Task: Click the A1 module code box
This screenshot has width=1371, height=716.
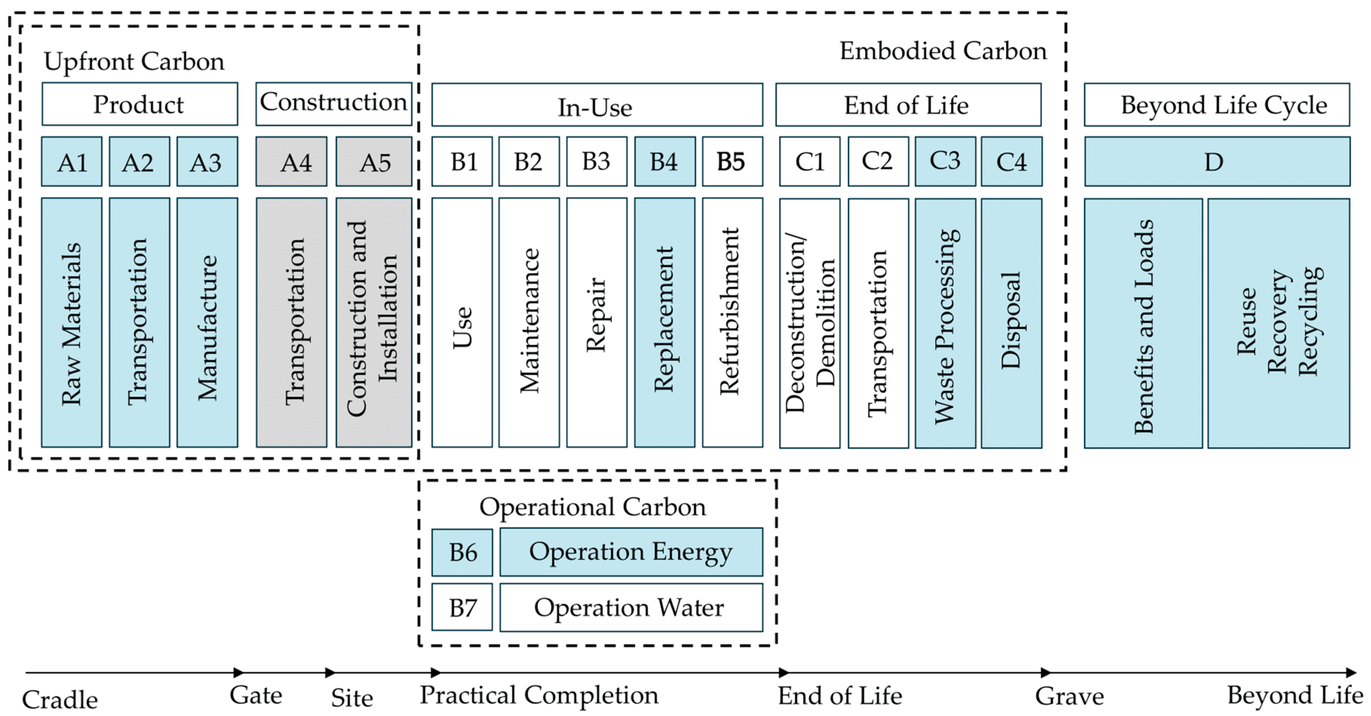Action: pyautogui.click(x=72, y=162)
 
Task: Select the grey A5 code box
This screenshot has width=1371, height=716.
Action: pyautogui.click(x=374, y=162)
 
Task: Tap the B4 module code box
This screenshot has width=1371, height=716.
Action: pyautogui.click(x=664, y=162)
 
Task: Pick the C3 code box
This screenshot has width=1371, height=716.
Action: pyautogui.click(x=945, y=162)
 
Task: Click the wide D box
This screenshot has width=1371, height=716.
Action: pyautogui.click(x=1216, y=162)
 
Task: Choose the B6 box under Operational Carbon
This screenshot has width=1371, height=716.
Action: pyautogui.click(x=462, y=552)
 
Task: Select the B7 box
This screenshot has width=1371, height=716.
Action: pyautogui.click(x=462, y=607)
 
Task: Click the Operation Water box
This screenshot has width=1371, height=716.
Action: pyautogui.click(x=631, y=607)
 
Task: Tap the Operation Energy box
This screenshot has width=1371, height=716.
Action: pyautogui.click(x=631, y=552)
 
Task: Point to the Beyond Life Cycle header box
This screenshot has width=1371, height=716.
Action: pyautogui.click(x=1216, y=105)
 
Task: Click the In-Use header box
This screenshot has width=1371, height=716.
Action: pyautogui.click(x=597, y=105)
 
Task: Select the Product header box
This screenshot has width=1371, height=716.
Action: pyautogui.click(x=139, y=104)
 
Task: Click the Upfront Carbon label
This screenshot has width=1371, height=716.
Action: pyautogui.click(x=134, y=61)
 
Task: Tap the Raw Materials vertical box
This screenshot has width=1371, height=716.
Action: pyautogui.click(x=72, y=322)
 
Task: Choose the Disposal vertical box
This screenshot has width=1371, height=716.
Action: pyautogui.click(x=1011, y=322)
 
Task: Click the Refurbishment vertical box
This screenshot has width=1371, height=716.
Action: pyautogui.click(x=732, y=322)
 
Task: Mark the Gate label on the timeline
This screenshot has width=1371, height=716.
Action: pyautogui.click(x=256, y=695)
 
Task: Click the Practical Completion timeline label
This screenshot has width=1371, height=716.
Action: pyautogui.click(x=539, y=695)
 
